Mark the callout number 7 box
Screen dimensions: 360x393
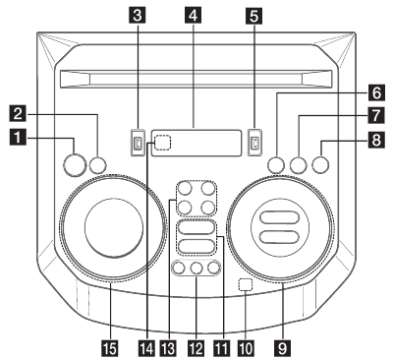coord(375,116)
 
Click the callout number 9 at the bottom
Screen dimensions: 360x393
coord(284,345)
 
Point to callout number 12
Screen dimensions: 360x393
coord(194,345)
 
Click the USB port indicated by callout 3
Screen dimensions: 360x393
coord(139,142)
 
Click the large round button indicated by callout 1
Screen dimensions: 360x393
coord(74,163)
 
